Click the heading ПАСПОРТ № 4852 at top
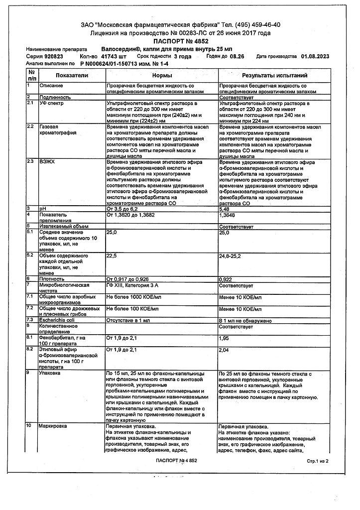180,41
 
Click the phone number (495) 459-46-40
256,25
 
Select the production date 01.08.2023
317,57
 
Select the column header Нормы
162,75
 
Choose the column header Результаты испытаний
274,75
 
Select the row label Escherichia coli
57,320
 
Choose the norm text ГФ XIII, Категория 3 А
133,285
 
